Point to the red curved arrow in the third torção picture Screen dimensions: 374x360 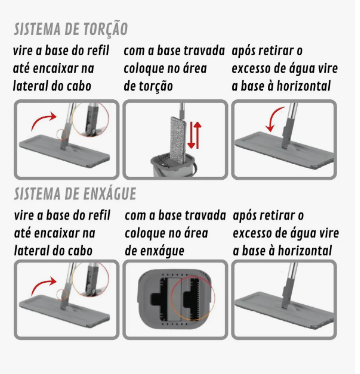[x=264, y=125]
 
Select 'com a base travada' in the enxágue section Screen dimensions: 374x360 [x=175, y=215]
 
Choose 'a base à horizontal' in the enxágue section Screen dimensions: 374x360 [x=286, y=251]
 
